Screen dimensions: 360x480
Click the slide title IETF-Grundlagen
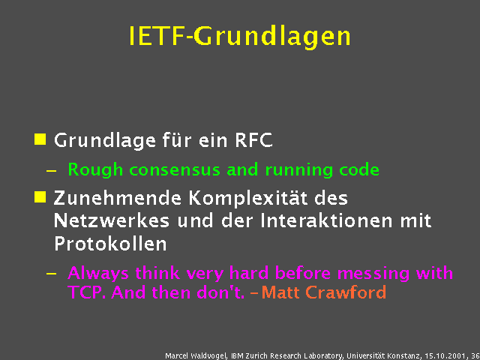tap(239, 36)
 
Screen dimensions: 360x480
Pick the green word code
tap(360, 169)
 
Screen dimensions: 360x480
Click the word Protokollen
tap(110, 244)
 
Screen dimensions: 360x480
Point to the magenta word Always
tap(94, 272)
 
